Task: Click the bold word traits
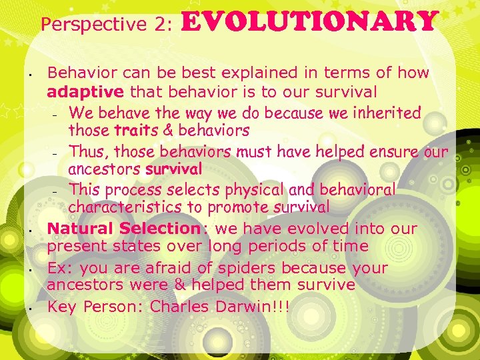[137, 130]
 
